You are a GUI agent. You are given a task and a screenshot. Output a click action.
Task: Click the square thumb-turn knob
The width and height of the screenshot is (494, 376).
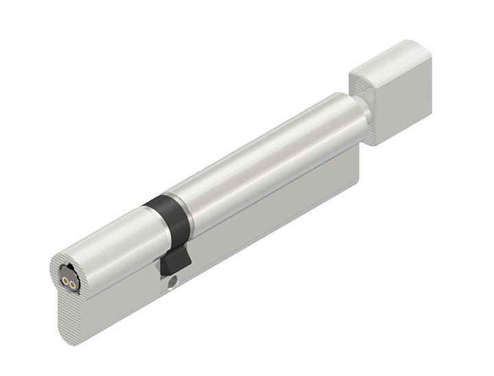pos(393,89)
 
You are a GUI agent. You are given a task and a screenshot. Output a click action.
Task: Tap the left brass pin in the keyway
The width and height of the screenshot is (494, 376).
pos(66,278)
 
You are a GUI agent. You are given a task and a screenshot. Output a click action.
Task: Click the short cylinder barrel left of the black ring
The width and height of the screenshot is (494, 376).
pos(110,241)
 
